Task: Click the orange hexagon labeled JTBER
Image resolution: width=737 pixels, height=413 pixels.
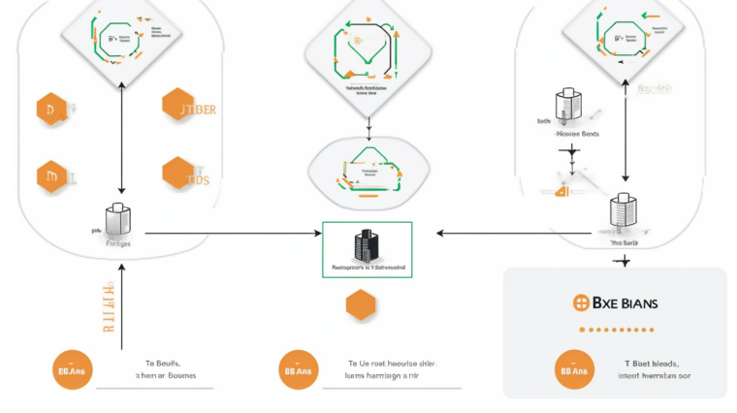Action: pyautogui.click(x=178, y=109)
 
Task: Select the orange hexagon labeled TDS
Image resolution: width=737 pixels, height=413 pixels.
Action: pyautogui.click(x=178, y=174)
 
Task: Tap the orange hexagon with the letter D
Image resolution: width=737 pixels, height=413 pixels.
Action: pyautogui.click(x=51, y=111)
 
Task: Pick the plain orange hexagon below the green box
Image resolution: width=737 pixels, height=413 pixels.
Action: pyautogui.click(x=361, y=304)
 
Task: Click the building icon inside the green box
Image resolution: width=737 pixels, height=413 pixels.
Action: pyautogui.click(x=366, y=244)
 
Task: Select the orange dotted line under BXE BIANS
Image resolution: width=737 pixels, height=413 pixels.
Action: pyautogui.click(x=615, y=330)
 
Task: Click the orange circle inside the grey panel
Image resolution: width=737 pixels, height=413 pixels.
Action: pyautogui.click(x=575, y=370)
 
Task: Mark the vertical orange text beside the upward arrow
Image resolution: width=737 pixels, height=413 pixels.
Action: pyautogui.click(x=108, y=308)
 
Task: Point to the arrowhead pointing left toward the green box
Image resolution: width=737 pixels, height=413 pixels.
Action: pyautogui.click(x=441, y=233)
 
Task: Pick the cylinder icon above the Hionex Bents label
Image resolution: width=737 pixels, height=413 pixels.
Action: pyautogui.click(x=566, y=107)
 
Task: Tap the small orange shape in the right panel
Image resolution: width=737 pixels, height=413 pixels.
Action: pyautogui.click(x=561, y=191)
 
